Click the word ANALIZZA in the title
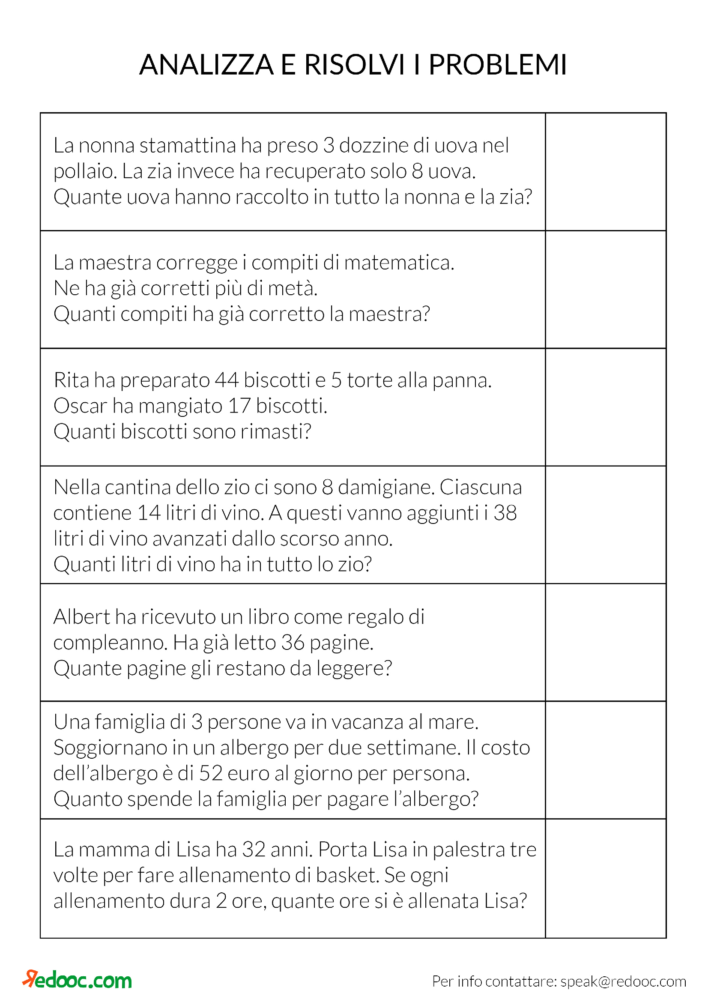[x=206, y=65]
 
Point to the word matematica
[x=399, y=263]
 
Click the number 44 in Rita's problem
[x=227, y=380]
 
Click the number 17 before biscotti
[x=239, y=406]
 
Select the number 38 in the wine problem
[x=505, y=513]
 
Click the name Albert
[x=81, y=616]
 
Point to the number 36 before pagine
[x=292, y=643]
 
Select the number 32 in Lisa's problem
[x=254, y=849]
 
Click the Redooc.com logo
[x=78, y=980]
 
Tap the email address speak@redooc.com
[x=623, y=981]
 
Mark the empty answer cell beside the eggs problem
[x=605, y=171]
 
